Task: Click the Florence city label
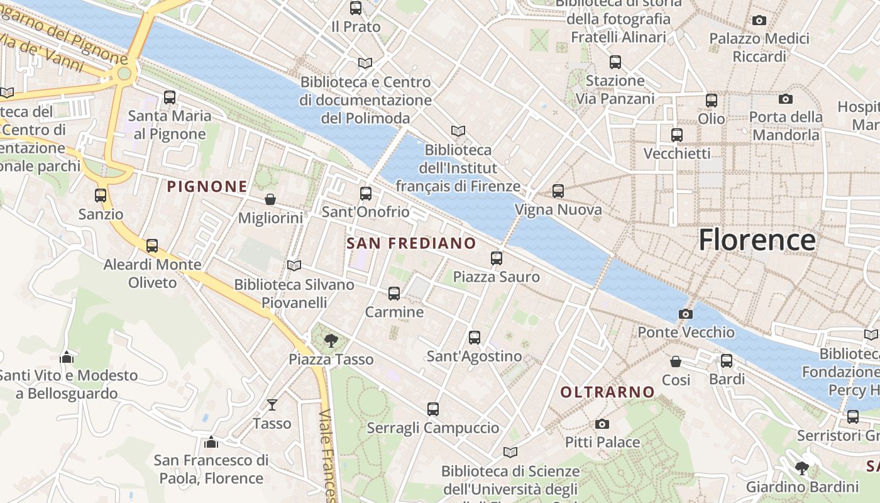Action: [757, 240]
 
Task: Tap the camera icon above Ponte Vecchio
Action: [686, 314]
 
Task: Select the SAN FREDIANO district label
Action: [411, 243]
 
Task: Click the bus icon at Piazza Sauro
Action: [497, 258]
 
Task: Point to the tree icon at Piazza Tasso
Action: [331, 341]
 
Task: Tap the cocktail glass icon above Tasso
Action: [272, 404]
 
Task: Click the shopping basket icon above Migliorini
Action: [270, 199]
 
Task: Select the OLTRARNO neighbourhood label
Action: [607, 392]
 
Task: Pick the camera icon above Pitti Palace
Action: [602, 424]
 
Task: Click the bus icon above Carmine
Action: [394, 293]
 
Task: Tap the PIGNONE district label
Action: [207, 187]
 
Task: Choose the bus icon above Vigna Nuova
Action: [558, 191]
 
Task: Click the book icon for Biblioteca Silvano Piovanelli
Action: [294, 265]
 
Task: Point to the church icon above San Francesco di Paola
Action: [211, 442]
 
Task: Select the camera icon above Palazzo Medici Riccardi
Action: [759, 20]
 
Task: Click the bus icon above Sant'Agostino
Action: [475, 338]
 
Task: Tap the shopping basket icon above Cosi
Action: [676, 362]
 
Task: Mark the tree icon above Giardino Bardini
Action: [801, 468]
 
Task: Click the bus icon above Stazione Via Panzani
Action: [615, 62]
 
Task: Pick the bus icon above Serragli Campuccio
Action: [433, 409]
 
